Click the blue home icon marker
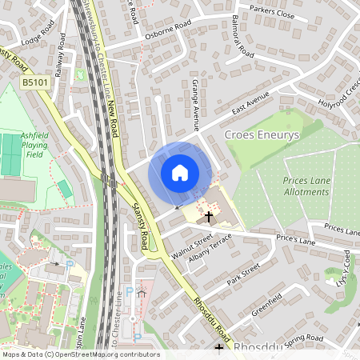180,172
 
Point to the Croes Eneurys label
262,135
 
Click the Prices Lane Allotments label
306,186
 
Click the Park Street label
243,274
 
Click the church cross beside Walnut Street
209,217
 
